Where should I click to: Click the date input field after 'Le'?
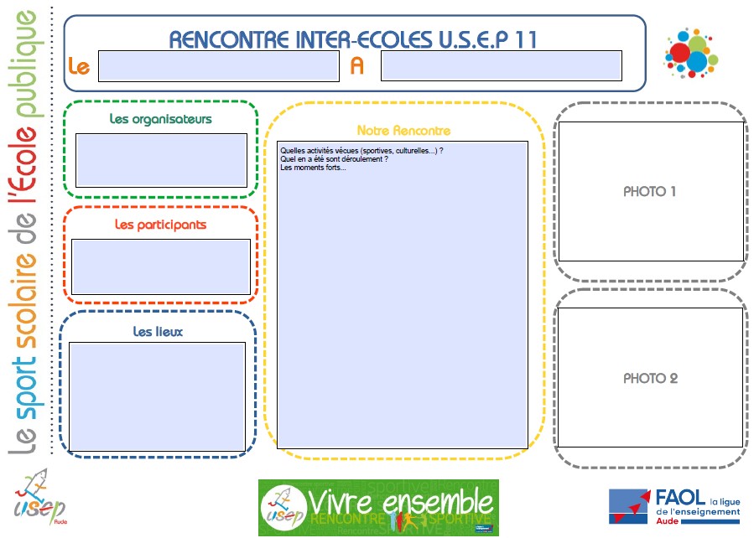tap(218, 66)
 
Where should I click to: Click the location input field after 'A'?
tap(501, 66)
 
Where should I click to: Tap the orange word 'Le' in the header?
tap(79, 66)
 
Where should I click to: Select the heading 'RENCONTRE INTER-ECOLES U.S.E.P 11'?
tap(353, 39)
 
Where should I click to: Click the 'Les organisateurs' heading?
tap(161, 119)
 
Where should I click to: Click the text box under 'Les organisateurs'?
tap(161, 160)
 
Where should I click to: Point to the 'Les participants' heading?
tap(160, 225)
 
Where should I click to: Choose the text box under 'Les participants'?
tap(160, 266)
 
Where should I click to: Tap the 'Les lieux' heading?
tap(158, 332)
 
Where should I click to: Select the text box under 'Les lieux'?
tap(158, 396)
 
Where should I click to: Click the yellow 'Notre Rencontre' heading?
tap(403, 131)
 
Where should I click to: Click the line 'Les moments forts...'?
tap(313, 168)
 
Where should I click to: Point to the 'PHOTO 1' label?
tap(650, 192)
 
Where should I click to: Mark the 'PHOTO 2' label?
tap(650, 379)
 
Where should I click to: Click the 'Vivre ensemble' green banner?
tap(378, 506)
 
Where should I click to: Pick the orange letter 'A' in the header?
tap(357, 66)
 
